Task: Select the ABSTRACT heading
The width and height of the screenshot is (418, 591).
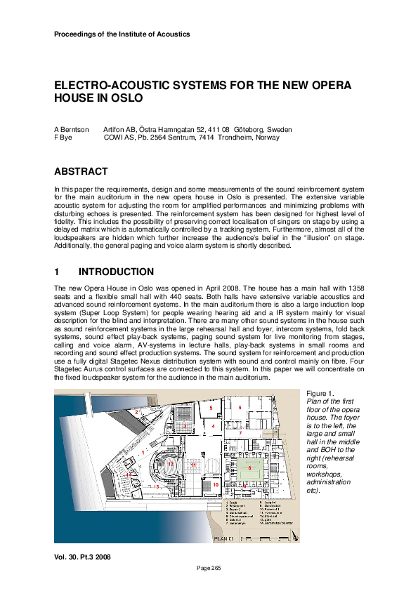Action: (x=81, y=171)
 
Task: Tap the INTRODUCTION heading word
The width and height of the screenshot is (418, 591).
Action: (x=116, y=272)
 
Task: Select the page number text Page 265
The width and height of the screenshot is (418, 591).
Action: (x=209, y=567)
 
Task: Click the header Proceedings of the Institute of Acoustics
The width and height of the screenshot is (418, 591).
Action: (x=122, y=34)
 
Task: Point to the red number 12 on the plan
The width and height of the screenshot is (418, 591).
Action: (x=171, y=465)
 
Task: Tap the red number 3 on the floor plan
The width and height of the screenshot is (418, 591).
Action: (x=185, y=425)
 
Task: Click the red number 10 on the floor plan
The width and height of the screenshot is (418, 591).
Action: (x=216, y=484)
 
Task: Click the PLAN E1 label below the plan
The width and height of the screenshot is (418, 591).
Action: (x=228, y=538)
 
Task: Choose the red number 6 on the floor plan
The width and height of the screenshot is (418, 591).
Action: (x=240, y=407)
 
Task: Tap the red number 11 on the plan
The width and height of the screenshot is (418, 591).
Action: (x=192, y=465)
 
